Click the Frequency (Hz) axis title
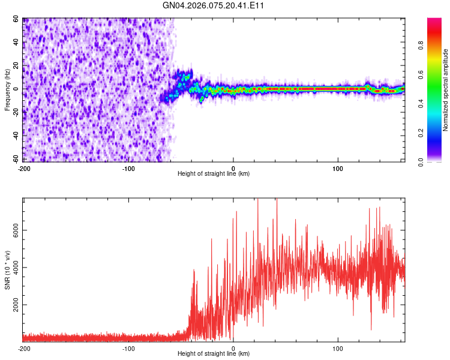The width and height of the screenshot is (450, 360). click(x=7, y=89)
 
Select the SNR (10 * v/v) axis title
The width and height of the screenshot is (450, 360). click(x=7, y=269)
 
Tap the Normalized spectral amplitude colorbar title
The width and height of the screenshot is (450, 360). click(x=446, y=91)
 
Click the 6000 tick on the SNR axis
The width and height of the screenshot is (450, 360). click(x=16, y=230)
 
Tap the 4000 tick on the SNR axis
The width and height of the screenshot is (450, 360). click(x=16, y=268)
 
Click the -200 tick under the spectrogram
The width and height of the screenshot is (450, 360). click(x=24, y=167)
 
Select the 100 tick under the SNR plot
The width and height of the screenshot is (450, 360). click(x=338, y=348)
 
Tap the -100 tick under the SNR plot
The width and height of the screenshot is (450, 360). click(x=128, y=348)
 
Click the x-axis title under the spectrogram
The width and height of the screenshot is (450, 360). click(x=214, y=174)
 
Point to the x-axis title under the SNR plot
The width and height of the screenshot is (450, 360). click(x=214, y=355)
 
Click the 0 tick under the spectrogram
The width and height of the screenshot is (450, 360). click(x=233, y=167)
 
